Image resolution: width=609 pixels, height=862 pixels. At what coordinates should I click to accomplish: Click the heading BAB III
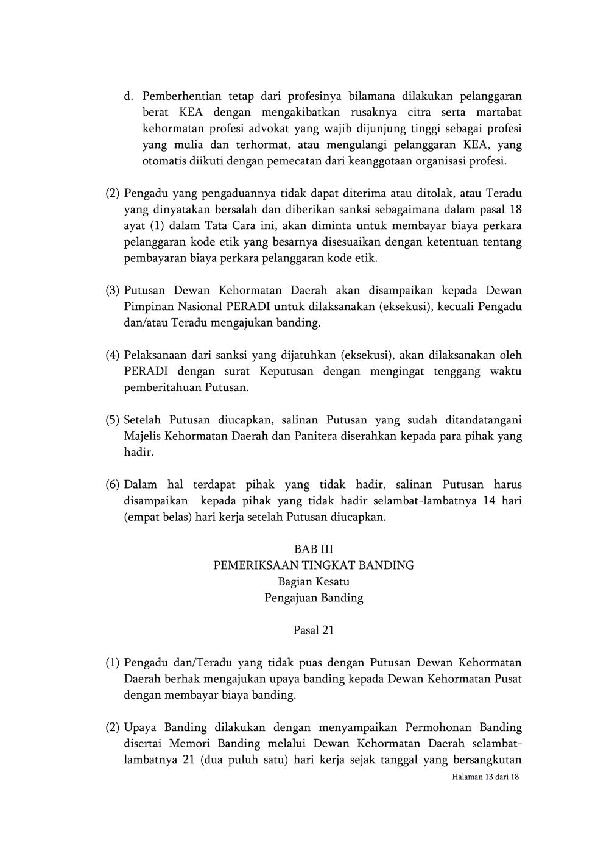tap(314, 549)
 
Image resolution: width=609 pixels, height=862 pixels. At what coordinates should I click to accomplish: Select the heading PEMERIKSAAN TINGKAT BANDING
tap(314, 565)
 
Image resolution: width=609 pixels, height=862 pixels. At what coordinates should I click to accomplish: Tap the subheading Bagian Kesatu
tap(314, 581)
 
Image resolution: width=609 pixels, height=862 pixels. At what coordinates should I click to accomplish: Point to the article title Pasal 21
tap(314, 630)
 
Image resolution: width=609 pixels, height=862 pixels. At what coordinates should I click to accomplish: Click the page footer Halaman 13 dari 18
tap(485, 777)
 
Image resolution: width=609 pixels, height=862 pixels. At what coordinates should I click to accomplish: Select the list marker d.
tap(128, 96)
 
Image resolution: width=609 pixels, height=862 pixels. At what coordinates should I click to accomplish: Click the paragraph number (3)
tap(113, 291)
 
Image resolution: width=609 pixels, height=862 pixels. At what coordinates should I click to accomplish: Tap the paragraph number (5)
tap(113, 420)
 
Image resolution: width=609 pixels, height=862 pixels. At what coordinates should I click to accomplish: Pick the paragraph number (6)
tap(113, 485)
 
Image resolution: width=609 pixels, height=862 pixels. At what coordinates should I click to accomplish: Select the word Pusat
tap(506, 679)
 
